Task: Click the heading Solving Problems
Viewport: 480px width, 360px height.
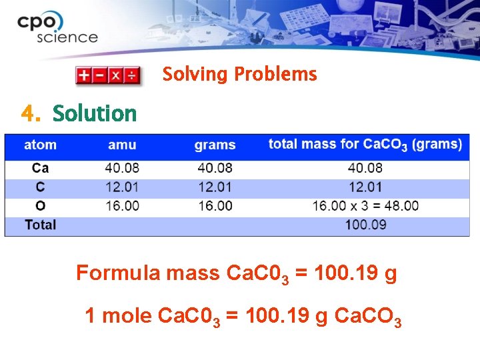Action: [239, 74]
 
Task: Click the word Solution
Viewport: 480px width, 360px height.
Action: [94, 114]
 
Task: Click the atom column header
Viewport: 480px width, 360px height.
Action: [40, 145]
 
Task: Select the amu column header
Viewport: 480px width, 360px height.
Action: [122, 145]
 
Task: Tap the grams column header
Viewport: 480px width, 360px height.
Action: [215, 145]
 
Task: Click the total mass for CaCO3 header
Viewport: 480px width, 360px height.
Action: [365, 144]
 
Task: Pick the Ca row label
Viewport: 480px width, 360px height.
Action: [40, 168]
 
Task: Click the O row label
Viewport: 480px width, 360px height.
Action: [40, 205]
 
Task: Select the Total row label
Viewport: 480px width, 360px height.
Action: [40, 225]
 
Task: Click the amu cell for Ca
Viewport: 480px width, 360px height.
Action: [122, 168]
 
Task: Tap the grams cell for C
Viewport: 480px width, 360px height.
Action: [215, 187]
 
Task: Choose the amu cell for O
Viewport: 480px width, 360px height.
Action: [122, 205]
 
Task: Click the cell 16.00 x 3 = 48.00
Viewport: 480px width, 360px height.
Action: [365, 205]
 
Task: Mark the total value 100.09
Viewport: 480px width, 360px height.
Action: [365, 225]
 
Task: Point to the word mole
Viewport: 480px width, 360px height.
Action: [127, 315]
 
